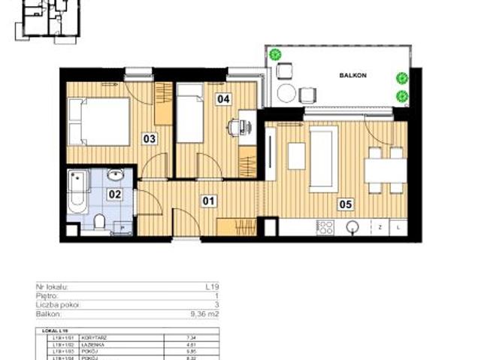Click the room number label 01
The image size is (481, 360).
pyautogui.click(x=208, y=201)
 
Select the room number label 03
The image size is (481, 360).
pyautogui.click(x=150, y=138)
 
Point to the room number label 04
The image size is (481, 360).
pyautogui.click(x=223, y=98)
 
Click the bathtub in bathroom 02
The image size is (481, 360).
pyautogui.click(x=77, y=192)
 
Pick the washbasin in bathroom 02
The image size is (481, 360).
pyautogui.click(x=116, y=176)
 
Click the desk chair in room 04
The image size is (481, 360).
pyautogui.click(x=234, y=128)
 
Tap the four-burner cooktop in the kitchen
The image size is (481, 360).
pyautogui.click(x=325, y=226)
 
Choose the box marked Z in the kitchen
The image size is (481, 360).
pyautogui.click(x=381, y=226)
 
